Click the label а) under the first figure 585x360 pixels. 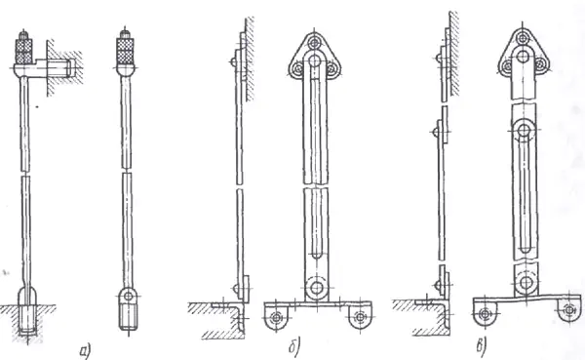pyautogui.click(x=85, y=351)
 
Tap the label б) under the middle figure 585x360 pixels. pyautogui.click(x=294, y=347)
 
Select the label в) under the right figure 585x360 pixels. pyautogui.click(x=482, y=346)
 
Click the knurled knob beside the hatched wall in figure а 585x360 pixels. pyautogui.click(x=23, y=49)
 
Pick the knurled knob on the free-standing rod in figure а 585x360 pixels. pyautogui.click(x=127, y=49)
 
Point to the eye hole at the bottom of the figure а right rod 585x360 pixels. pyautogui.click(x=128, y=297)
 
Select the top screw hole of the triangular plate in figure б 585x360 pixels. pyautogui.click(x=315, y=43)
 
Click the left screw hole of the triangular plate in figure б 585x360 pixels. pyautogui.click(x=298, y=68)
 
